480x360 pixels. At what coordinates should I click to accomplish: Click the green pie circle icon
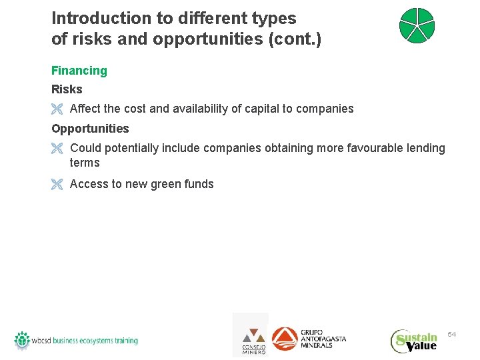pyautogui.click(x=417, y=26)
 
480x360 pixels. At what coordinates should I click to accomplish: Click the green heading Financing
pyautogui.click(x=79, y=71)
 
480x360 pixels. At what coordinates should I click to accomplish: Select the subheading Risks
pyautogui.click(x=67, y=89)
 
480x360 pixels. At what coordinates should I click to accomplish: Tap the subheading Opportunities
pyautogui.click(x=90, y=128)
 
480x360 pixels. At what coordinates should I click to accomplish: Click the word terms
pyautogui.click(x=85, y=163)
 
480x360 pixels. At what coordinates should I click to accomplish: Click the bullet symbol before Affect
pyautogui.click(x=57, y=109)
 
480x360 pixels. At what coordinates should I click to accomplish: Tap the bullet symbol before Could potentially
pyautogui.click(x=57, y=149)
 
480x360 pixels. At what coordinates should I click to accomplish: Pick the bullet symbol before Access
pyautogui.click(x=57, y=185)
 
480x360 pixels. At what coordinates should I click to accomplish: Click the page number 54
pyautogui.click(x=451, y=333)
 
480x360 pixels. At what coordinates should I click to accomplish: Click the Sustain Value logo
pyautogui.click(x=414, y=341)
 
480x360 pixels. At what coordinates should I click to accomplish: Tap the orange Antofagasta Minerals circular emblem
pyautogui.click(x=285, y=339)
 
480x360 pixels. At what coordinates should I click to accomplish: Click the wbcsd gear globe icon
pyautogui.click(x=23, y=340)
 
